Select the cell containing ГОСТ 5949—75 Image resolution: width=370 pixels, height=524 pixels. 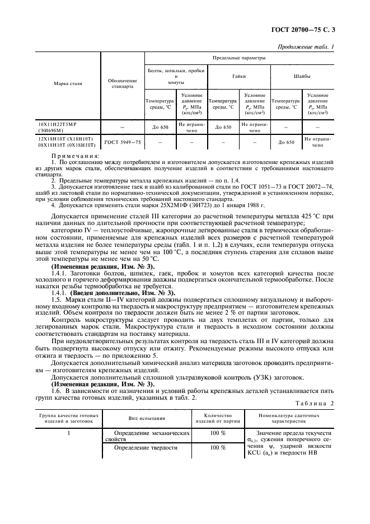pos(122,142)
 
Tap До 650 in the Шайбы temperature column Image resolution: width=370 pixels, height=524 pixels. pos(286,142)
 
